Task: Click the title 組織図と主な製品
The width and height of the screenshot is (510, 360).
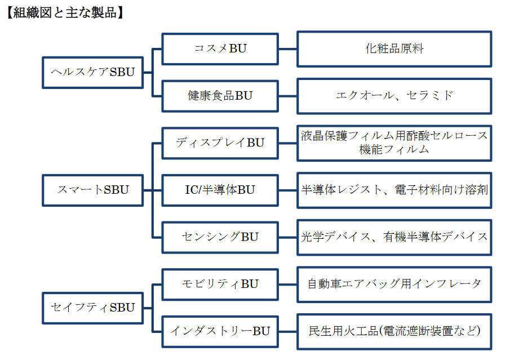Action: click(65, 13)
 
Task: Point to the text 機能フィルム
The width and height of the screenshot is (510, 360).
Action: click(394, 149)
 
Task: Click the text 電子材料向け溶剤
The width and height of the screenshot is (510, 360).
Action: click(441, 189)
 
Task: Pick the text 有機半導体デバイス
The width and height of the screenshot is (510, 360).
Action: click(436, 237)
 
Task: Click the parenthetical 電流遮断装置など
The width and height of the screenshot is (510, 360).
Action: click(429, 331)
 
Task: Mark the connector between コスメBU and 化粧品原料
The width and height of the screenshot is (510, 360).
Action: click(288, 49)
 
